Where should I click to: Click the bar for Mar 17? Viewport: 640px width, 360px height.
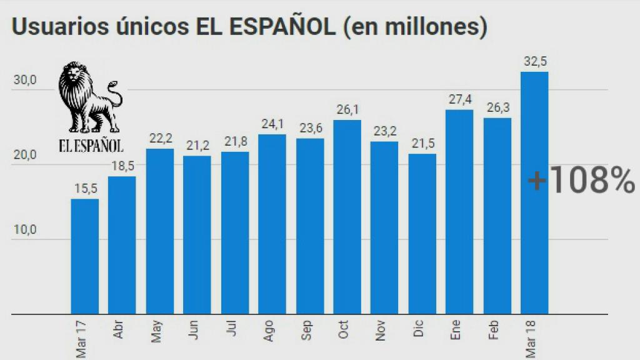84,256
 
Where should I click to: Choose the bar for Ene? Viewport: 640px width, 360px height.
459,212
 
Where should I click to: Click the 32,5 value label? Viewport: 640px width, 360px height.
534,62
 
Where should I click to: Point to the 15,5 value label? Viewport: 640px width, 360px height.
84,189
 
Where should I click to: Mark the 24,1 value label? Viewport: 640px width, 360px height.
272,124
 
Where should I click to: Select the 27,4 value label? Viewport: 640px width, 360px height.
459,99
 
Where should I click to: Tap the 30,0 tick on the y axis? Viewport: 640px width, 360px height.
26,81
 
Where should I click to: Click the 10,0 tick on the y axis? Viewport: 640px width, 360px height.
26,230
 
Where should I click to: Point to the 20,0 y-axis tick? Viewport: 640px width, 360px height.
26,156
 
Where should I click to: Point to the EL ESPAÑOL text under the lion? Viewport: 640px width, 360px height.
91,146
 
